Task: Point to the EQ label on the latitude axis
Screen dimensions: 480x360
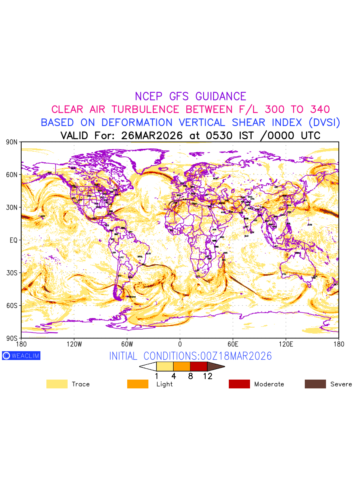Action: click(13, 240)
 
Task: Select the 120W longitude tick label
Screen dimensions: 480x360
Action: click(74, 344)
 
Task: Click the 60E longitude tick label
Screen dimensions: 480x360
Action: click(233, 344)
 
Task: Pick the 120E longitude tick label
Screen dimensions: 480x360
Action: click(286, 344)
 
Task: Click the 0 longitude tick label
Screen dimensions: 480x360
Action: click(180, 344)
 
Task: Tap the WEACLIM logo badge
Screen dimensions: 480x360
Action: click(21, 356)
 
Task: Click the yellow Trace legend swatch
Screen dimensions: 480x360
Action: click(57, 384)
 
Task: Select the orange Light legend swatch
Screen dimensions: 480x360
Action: click(138, 384)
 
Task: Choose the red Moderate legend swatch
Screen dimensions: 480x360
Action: click(239, 384)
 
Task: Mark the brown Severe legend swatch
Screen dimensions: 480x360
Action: click(315, 384)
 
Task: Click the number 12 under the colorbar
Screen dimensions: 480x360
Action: click(207, 376)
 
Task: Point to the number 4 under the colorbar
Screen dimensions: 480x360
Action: click(174, 376)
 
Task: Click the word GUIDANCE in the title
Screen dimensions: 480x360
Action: click(221, 96)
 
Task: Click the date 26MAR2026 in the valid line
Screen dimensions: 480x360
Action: click(152, 136)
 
